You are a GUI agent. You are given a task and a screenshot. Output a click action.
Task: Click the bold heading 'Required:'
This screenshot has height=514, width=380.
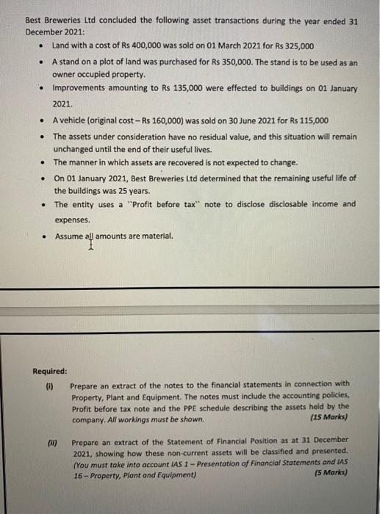50,371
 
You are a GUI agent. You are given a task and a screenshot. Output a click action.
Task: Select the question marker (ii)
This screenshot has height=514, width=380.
51,444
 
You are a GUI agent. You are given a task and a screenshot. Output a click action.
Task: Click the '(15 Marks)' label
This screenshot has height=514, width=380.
330,418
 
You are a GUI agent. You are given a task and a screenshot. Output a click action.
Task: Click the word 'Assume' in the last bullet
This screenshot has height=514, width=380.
69,236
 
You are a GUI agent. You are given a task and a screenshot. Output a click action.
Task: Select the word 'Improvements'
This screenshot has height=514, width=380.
79,90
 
